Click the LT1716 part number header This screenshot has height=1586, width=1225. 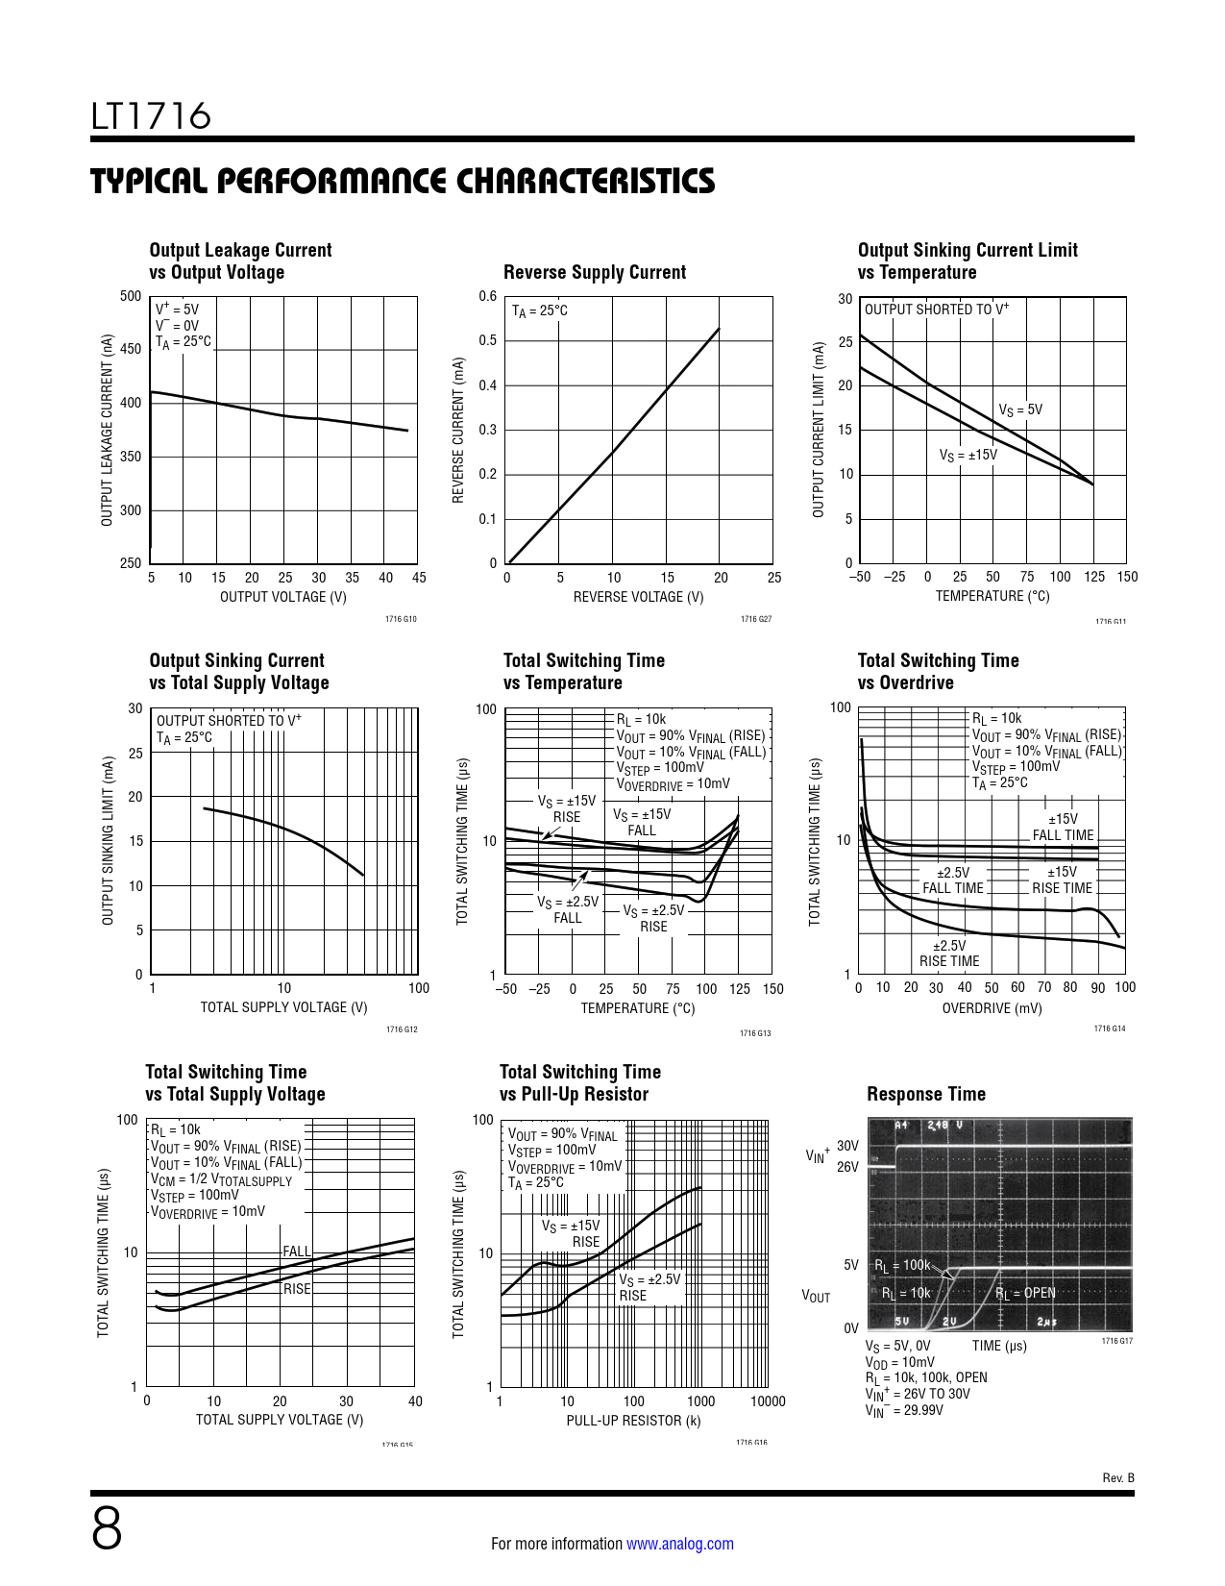[x=151, y=116]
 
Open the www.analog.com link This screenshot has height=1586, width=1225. [x=679, y=1544]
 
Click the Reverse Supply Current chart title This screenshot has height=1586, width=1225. [x=594, y=272]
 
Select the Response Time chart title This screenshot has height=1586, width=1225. [x=925, y=1094]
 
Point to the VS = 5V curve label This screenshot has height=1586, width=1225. [x=1019, y=410]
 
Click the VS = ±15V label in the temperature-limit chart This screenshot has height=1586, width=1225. [x=968, y=455]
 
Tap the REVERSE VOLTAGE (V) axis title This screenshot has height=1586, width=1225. [x=638, y=597]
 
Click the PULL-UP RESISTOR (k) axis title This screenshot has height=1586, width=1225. [x=633, y=1421]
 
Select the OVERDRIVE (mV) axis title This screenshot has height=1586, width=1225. [x=992, y=1008]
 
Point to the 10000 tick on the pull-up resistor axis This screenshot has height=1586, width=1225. [x=767, y=1401]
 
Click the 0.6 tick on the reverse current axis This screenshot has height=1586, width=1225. [x=488, y=296]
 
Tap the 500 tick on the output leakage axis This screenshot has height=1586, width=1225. [x=131, y=296]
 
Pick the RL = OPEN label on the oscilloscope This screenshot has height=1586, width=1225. [x=1025, y=1294]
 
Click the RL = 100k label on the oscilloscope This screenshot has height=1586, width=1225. [x=902, y=1266]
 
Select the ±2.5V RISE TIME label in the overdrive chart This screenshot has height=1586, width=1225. [x=949, y=954]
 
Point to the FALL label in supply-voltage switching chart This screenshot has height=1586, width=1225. [x=296, y=1251]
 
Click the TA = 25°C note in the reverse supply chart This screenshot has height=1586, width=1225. [x=539, y=311]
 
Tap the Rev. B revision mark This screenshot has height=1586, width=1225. [x=1117, y=1477]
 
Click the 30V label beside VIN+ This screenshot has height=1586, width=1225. [x=847, y=1146]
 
